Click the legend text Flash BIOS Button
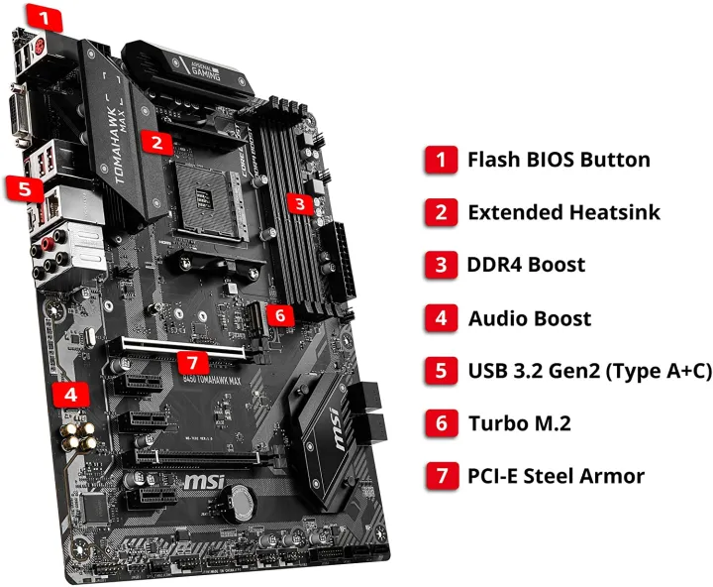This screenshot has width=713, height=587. tap(559, 159)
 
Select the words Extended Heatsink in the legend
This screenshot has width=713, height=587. tap(563, 211)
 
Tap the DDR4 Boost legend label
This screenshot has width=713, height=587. tap(526, 265)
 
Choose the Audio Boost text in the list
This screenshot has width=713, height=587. tap(529, 317)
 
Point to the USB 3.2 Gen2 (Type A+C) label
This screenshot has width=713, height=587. tap(589, 371)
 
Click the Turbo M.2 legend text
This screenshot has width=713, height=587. tap(519, 423)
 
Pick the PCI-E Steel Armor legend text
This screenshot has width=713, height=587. tap(556, 476)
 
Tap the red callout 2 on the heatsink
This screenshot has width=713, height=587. tap(155, 141)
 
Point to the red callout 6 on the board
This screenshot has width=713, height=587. tap(281, 314)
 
